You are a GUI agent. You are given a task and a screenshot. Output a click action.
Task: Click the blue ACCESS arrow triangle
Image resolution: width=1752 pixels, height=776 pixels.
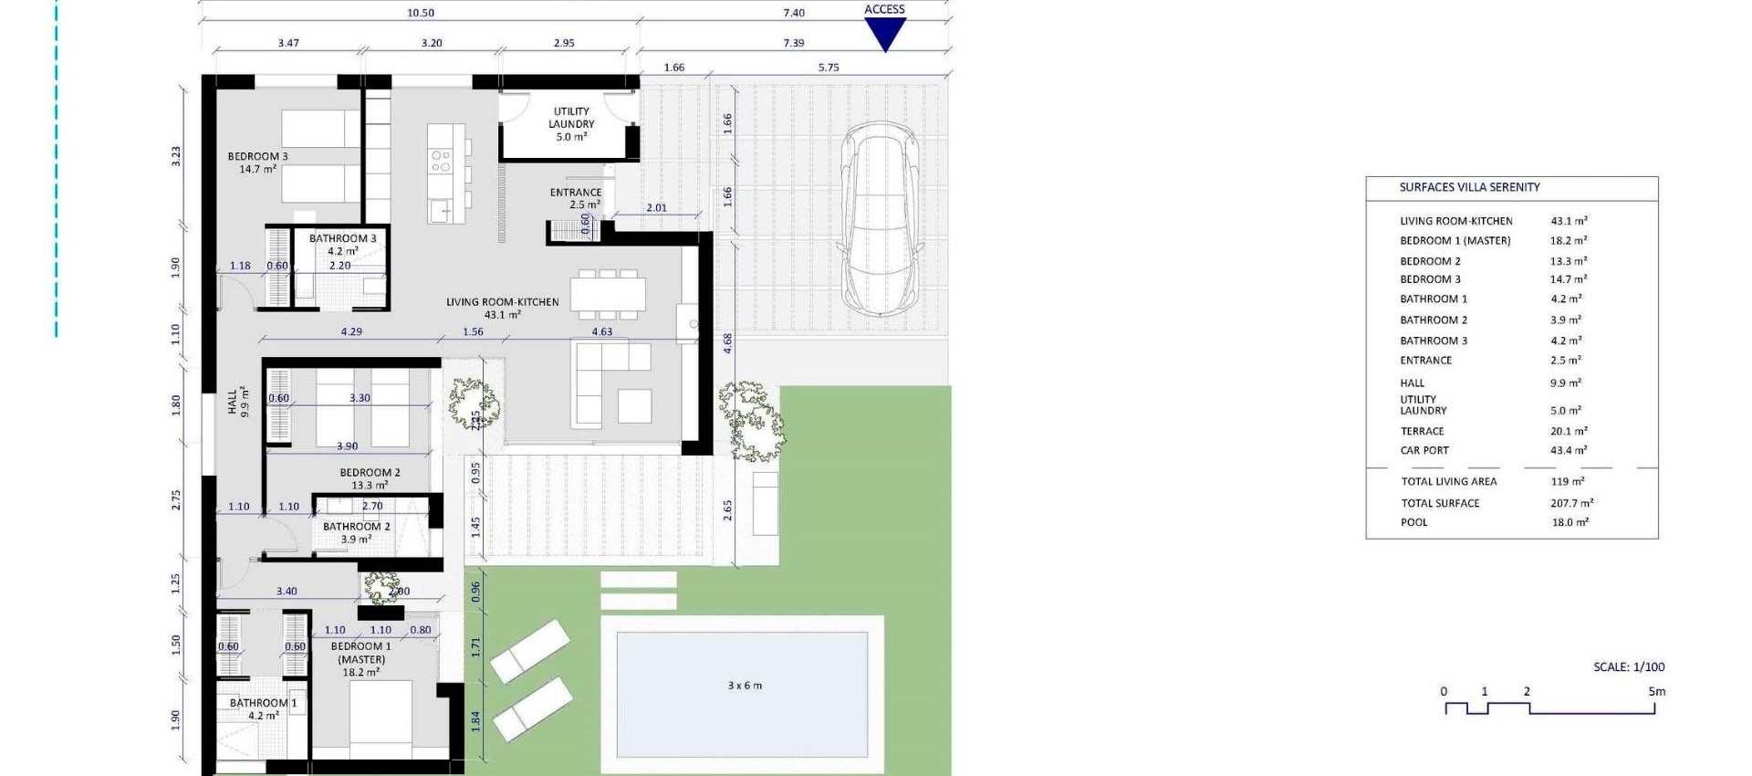click(x=884, y=33)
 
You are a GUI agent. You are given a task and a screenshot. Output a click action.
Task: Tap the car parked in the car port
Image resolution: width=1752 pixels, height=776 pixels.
click(x=879, y=219)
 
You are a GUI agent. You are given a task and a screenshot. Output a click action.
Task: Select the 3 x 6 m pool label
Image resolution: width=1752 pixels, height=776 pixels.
click(x=745, y=686)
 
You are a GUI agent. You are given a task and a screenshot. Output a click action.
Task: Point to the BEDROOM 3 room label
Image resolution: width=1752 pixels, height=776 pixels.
click(x=257, y=163)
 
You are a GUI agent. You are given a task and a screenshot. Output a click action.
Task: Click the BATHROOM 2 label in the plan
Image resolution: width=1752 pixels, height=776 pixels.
click(x=356, y=532)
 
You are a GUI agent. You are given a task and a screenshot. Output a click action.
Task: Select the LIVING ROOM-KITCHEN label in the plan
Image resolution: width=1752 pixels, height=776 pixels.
click(x=502, y=308)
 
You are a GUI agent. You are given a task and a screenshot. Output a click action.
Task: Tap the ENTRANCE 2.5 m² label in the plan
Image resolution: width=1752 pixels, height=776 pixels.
click(x=576, y=198)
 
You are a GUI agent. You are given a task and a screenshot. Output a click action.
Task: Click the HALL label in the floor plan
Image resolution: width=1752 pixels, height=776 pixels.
click(x=237, y=401)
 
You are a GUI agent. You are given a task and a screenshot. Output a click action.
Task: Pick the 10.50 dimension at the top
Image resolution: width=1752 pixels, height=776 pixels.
click(x=421, y=13)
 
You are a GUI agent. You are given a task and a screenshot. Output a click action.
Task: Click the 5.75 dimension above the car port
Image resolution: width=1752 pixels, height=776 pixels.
click(x=829, y=68)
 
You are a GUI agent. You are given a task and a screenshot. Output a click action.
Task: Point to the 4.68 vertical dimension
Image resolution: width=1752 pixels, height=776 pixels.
click(x=727, y=343)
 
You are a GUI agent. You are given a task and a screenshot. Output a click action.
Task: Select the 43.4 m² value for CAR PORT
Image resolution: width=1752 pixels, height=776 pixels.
click(x=1569, y=450)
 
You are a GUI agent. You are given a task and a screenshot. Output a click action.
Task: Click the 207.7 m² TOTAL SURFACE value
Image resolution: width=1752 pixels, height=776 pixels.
click(x=1571, y=503)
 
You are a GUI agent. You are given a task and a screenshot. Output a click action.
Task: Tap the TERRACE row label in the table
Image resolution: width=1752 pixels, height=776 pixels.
click(x=1423, y=431)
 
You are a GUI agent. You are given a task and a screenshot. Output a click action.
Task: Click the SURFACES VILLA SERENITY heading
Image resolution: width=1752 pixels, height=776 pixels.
click(x=1469, y=187)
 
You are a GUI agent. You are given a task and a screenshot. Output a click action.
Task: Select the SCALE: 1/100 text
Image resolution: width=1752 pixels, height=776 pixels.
click(x=1629, y=667)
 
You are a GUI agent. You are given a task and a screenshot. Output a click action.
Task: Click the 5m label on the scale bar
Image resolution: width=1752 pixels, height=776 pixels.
click(x=1656, y=691)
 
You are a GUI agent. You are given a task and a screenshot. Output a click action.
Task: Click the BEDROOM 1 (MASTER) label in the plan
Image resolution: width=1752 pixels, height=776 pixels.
click(x=361, y=659)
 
